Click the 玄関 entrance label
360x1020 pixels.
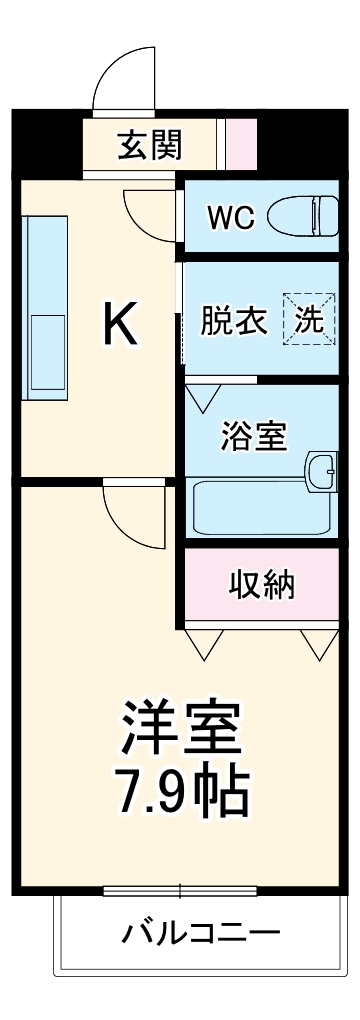click(151, 146)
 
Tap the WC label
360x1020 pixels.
click(230, 217)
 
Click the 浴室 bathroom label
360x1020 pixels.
click(254, 436)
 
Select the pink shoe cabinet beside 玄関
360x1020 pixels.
click(240, 144)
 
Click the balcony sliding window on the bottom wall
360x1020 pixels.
click(180, 889)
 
